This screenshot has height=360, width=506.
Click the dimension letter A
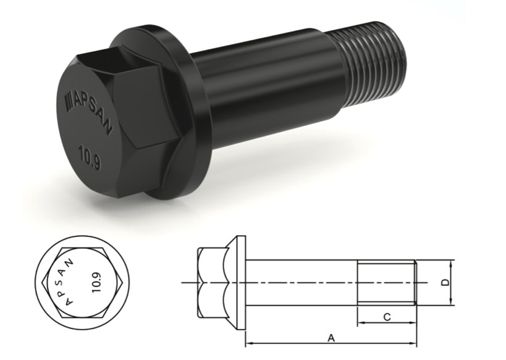click(x=331, y=338)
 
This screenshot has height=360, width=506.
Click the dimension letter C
click(x=387, y=317)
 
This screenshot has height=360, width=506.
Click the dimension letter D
click(x=445, y=283)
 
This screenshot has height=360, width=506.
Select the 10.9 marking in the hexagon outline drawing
click(x=96, y=283)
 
